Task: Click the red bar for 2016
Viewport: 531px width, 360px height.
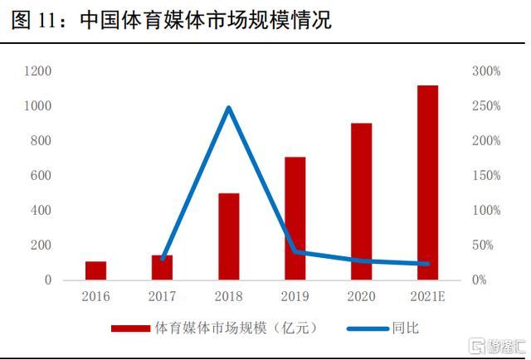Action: (96, 270)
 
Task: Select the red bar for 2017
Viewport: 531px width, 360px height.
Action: (163, 267)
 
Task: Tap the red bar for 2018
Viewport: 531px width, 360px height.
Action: (229, 236)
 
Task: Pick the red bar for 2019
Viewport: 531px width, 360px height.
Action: (295, 218)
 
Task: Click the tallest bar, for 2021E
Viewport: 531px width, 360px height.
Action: (428, 182)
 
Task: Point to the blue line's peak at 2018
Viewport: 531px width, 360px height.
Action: (229, 108)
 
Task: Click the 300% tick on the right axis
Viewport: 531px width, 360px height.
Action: (487, 71)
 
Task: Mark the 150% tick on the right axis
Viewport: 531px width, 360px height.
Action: (487, 176)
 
